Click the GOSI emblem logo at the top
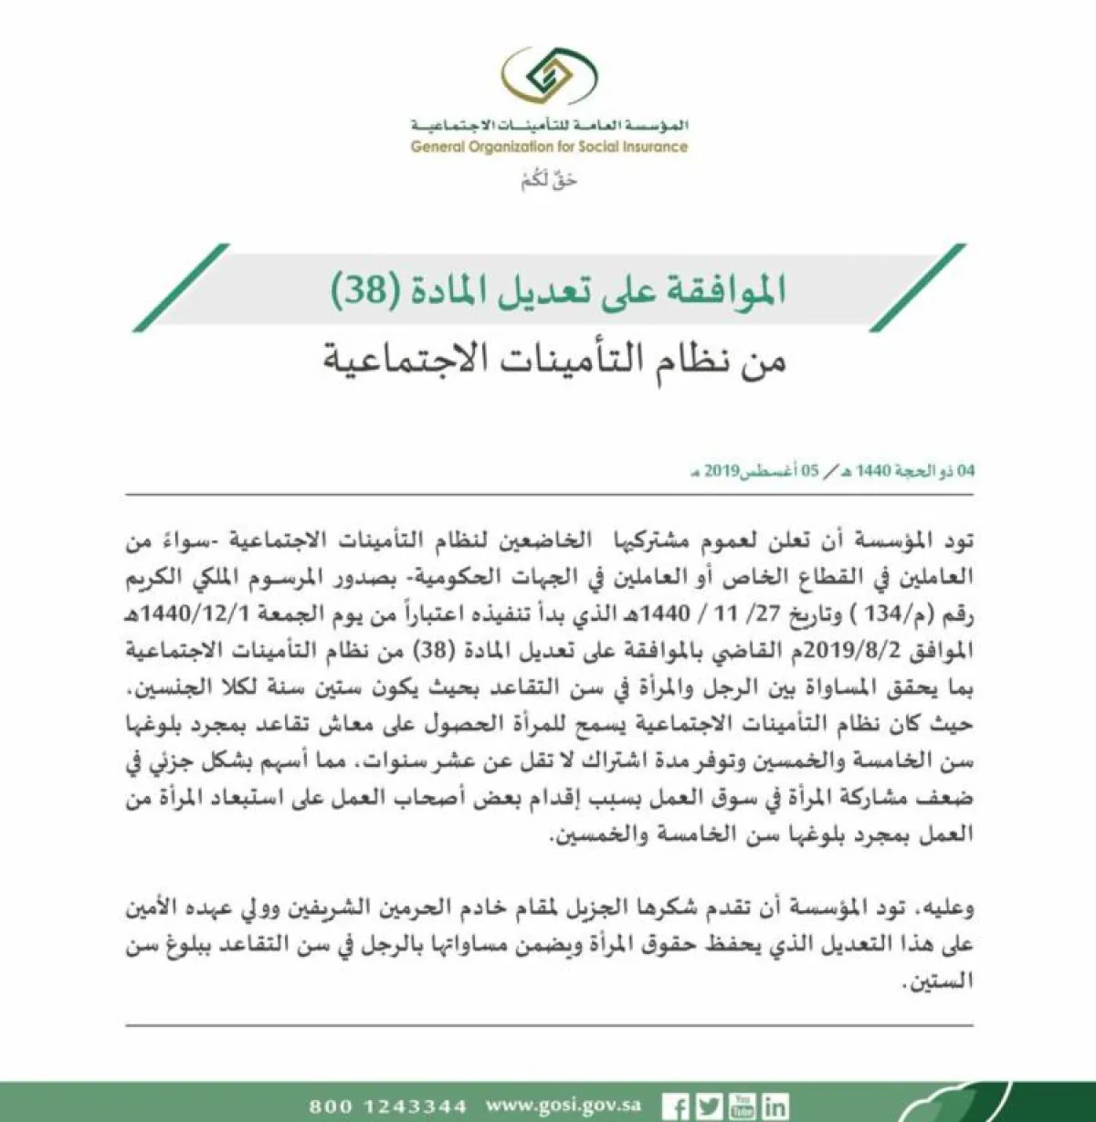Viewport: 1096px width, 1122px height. coord(549,78)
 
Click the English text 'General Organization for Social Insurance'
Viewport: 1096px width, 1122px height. coord(549,147)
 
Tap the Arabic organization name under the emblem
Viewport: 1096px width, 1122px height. coord(549,125)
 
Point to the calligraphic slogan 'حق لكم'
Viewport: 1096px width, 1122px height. coord(549,180)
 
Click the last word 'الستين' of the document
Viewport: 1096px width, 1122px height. coord(946,982)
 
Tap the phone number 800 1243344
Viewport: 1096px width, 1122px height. coord(388,1106)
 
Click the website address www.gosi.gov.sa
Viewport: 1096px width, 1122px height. coord(564,1106)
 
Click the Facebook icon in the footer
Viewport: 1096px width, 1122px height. coord(676,1106)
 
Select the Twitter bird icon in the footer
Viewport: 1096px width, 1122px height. coord(709,1106)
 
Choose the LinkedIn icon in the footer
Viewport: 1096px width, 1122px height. coord(775,1106)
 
